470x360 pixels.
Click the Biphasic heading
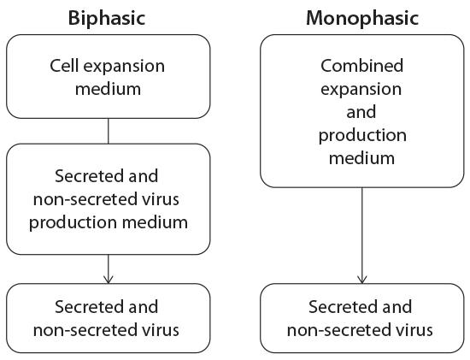point(108,16)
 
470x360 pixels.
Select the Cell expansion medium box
point(108,76)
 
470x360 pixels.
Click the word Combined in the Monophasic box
point(361,66)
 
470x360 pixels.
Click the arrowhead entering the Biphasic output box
point(108,279)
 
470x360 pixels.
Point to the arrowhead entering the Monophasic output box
point(362,279)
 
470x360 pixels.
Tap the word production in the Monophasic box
point(362,135)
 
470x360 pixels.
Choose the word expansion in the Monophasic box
point(362,89)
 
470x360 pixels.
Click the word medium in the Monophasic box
point(362,157)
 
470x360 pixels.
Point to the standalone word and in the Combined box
point(362,112)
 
